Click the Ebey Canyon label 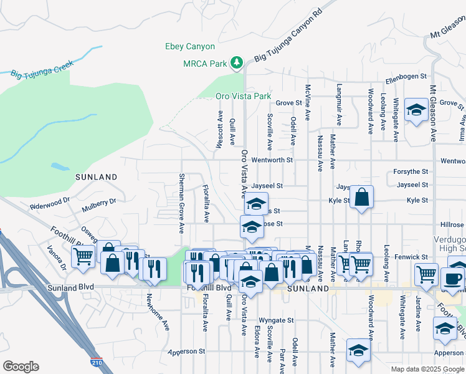point(189,47)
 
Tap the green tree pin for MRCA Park point(237,62)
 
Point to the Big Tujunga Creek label point(42,69)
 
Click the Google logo point(21,367)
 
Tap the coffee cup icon point(453,278)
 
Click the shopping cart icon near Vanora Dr point(83,256)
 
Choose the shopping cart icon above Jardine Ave point(426,273)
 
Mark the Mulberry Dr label point(99,201)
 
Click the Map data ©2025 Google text point(427,369)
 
